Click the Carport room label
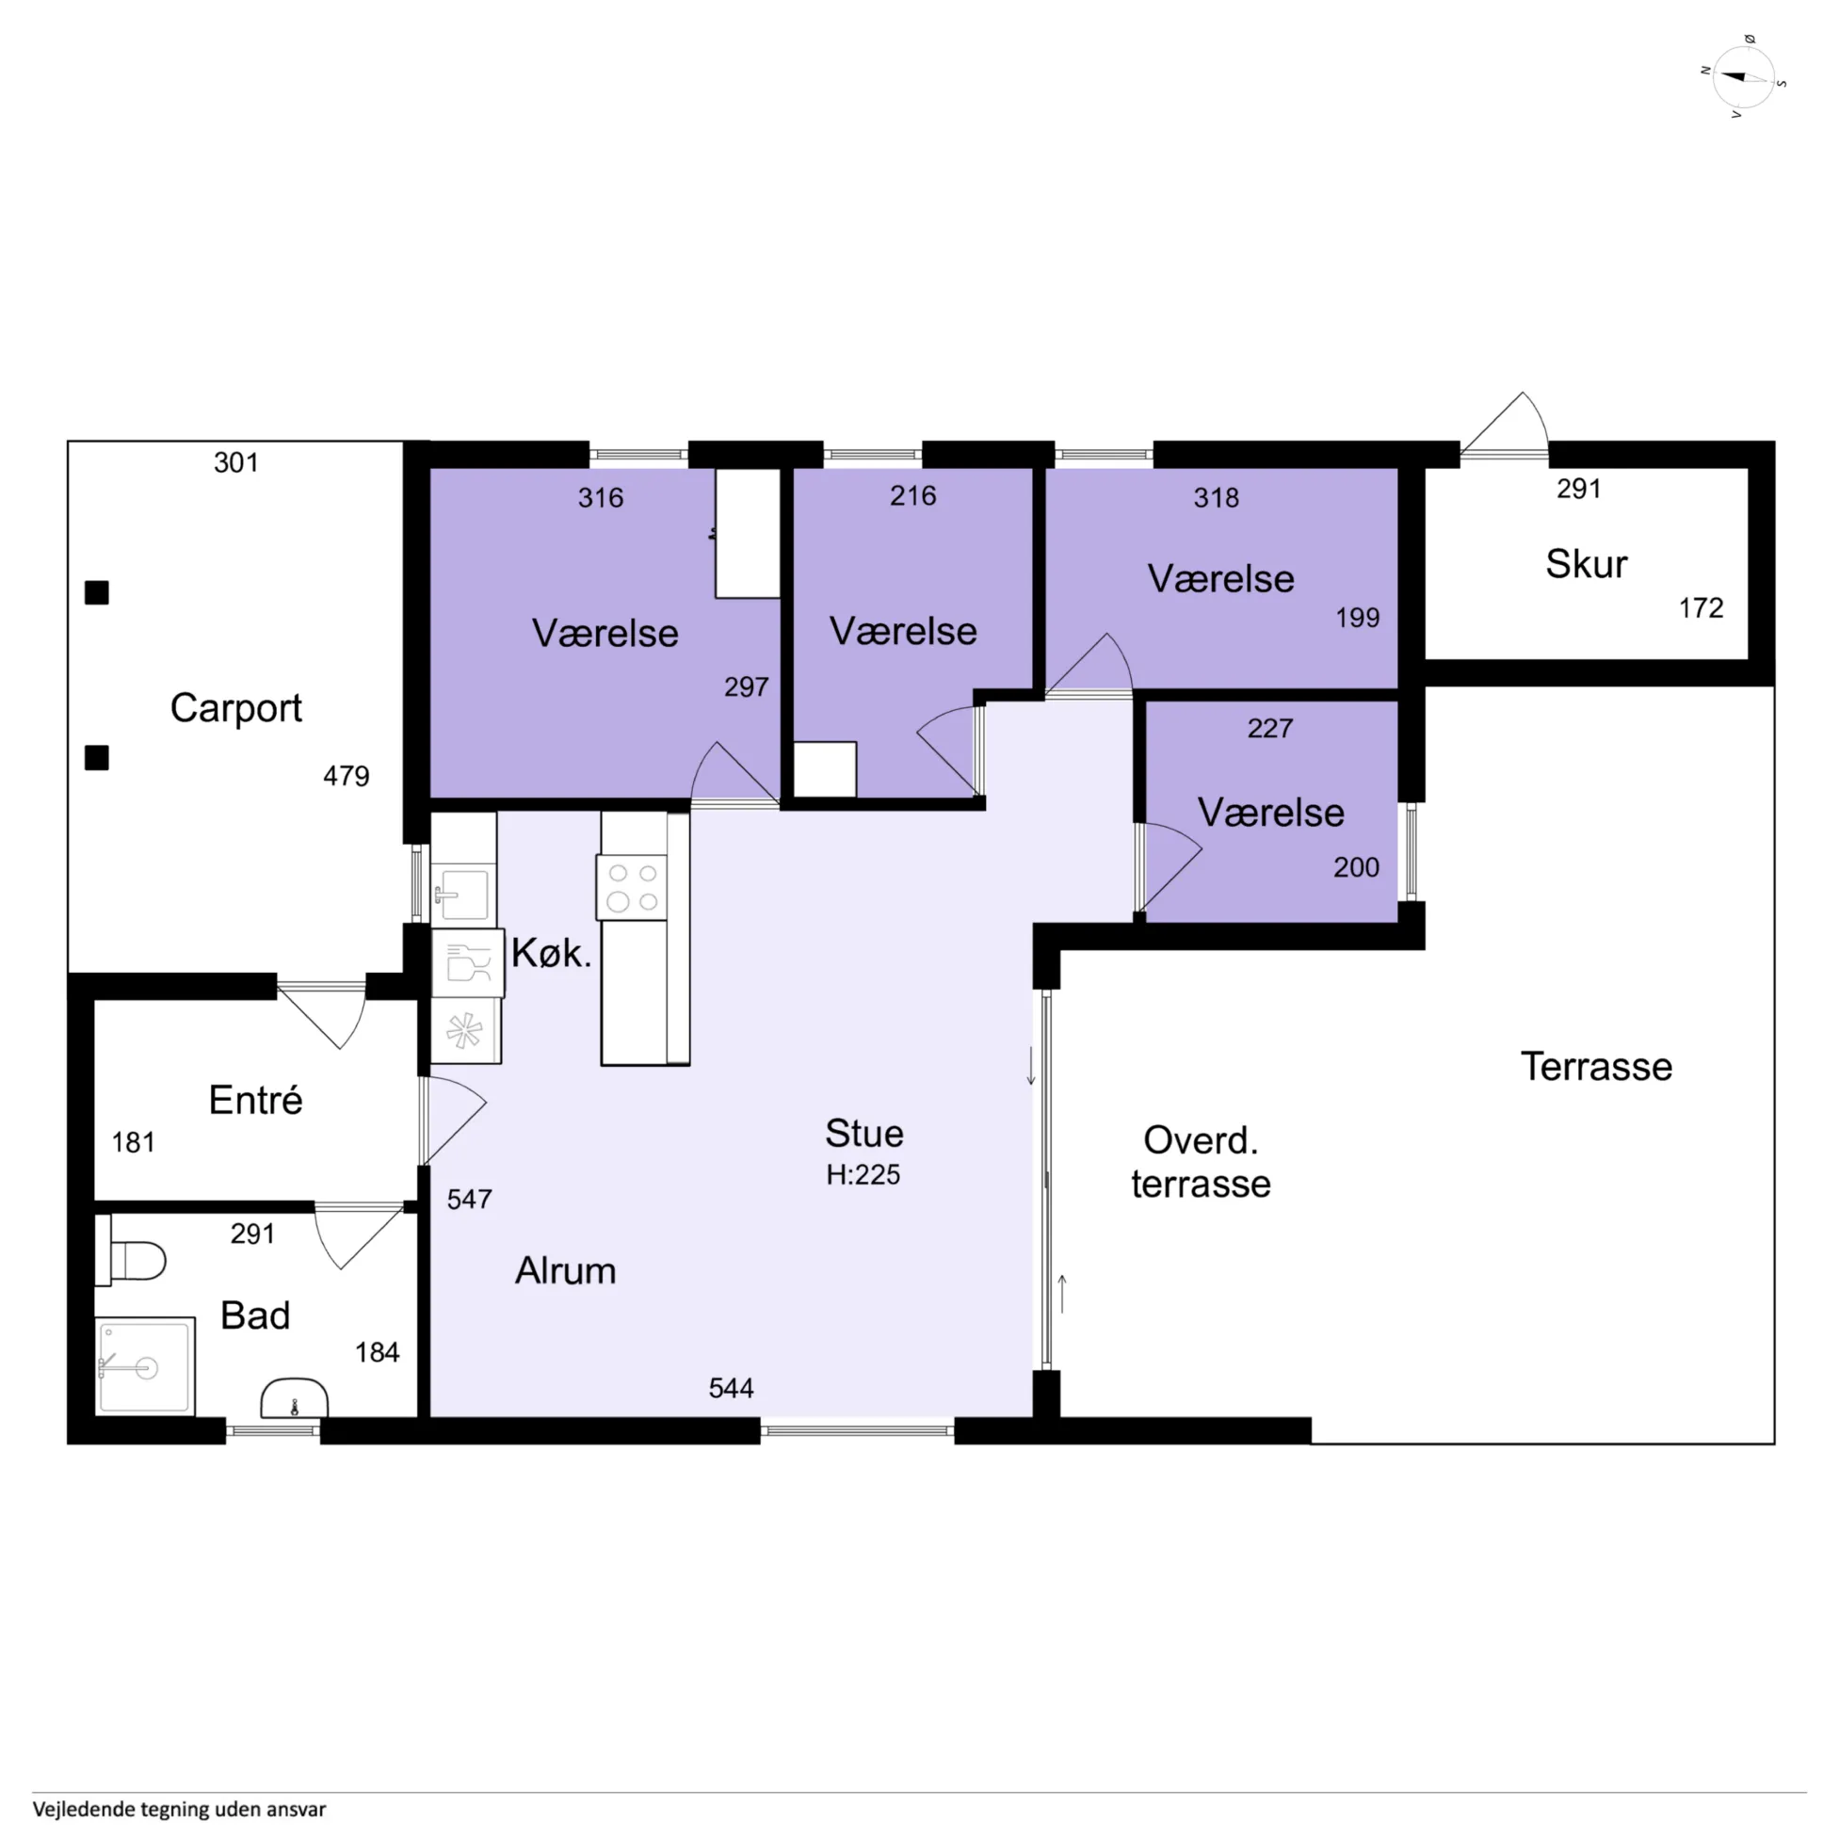click(236, 708)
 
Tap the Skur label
click(1586, 564)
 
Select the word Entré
click(255, 1100)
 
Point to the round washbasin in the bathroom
click(294, 1397)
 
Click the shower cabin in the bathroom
click(146, 1366)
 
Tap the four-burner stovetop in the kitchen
click(632, 887)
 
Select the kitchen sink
click(463, 894)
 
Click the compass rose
click(1744, 77)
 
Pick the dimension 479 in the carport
click(346, 776)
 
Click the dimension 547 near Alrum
click(469, 1199)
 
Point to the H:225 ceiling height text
click(863, 1174)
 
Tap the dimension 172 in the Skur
click(1700, 607)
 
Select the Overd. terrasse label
click(1201, 1161)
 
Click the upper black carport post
click(97, 593)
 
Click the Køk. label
click(551, 953)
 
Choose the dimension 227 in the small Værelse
click(1269, 728)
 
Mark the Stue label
click(864, 1133)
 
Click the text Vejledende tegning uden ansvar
click(179, 1808)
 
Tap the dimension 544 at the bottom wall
click(731, 1388)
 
